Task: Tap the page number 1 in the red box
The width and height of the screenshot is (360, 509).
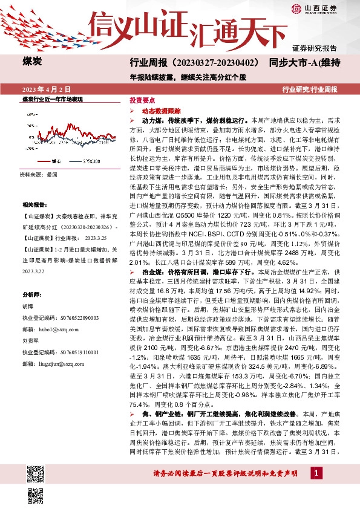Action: [317, 472]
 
